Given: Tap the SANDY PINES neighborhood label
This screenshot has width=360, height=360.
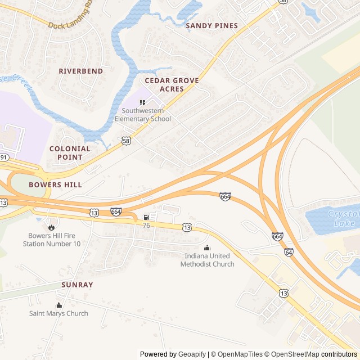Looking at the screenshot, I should click(211, 26).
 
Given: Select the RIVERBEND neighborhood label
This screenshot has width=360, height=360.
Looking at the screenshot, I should click(81, 71).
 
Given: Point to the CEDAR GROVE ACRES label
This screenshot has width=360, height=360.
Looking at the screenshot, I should click(172, 85).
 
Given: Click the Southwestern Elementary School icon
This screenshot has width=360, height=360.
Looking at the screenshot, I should click(142, 102).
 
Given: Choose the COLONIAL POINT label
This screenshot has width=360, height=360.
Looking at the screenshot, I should click(70, 153).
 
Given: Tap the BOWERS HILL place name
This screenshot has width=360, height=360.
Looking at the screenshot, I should click(55, 184).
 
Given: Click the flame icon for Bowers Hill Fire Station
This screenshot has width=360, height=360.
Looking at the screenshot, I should click(52, 227).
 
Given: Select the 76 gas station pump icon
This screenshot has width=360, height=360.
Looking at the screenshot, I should click(146, 217).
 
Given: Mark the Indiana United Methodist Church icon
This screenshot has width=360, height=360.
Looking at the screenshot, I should click(207, 247).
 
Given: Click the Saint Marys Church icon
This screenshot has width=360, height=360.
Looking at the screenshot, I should click(58, 305).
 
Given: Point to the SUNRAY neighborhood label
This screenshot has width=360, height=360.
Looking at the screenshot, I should click(77, 285).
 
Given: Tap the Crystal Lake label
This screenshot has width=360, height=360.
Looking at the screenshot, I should click(343, 219).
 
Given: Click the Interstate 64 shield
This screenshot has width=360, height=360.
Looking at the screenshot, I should click(289, 253).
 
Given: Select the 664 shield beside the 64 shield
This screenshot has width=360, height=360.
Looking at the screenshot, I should click(277, 237).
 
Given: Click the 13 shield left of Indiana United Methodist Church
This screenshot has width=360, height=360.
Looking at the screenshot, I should click(186, 227).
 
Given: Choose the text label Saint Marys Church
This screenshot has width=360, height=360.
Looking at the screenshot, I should click(58, 313).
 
